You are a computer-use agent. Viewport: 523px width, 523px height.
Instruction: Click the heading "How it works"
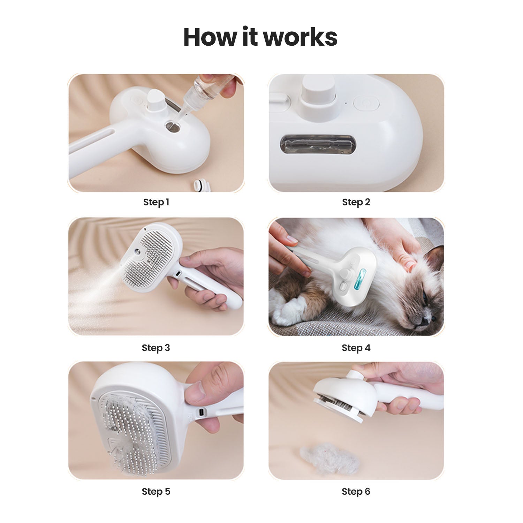pos(260,37)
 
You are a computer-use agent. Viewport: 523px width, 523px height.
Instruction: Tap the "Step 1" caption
pos(156,202)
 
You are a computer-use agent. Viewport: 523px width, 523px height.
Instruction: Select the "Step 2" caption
pos(356,202)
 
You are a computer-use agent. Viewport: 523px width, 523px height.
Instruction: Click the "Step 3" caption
pos(156,348)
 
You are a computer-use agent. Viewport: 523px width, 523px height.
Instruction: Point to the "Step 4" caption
pos(356,348)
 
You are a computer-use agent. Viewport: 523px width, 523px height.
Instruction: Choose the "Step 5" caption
pos(156,491)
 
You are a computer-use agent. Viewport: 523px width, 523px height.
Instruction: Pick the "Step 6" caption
pos(356,491)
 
